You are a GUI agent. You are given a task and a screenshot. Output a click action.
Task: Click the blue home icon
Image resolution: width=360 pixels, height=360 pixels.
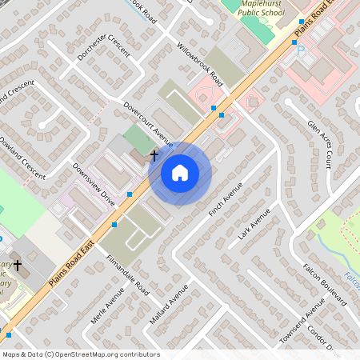coord(180,172)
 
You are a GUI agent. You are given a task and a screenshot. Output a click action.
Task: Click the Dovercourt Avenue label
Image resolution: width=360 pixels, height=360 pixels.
coord(148,123)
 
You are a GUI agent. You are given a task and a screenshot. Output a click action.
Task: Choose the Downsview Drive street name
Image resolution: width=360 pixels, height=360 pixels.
coord(94,185)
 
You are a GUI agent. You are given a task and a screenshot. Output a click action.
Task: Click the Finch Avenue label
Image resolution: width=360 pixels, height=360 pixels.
coord(225,204)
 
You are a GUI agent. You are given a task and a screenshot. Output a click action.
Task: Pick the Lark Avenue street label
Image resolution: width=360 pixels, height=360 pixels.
coord(254,225)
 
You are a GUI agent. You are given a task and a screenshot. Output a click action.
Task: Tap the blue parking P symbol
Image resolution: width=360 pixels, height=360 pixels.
coord(301,50)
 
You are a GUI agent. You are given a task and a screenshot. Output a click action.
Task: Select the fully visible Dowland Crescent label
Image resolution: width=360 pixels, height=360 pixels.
coord(23,156)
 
